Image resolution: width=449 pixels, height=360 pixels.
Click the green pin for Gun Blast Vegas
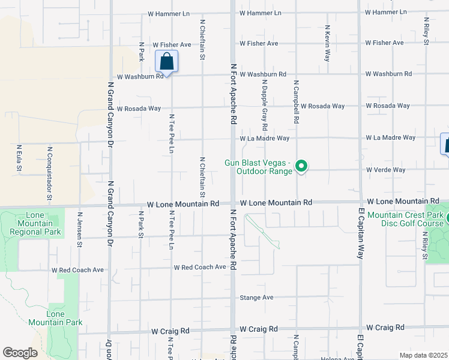(x=303, y=166)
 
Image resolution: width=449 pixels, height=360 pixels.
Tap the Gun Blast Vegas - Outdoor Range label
(x=259, y=167)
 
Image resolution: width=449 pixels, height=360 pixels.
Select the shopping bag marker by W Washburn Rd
(x=166, y=62)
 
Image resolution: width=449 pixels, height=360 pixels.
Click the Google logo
(x=20, y=353)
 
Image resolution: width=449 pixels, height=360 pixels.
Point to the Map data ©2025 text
(x=423, y=355)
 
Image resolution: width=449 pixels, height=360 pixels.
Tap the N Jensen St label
(x=79, y=229)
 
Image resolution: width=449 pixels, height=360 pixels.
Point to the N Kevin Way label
(x=327, y=43)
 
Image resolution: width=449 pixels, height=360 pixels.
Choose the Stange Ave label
(x=256, y=298)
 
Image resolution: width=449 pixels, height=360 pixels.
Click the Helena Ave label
(x=338, y=358)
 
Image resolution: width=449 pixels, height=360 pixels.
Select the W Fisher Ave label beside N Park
(x=172, y=45)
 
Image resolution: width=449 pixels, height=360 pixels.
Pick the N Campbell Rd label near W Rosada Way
(x=296, y=101)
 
